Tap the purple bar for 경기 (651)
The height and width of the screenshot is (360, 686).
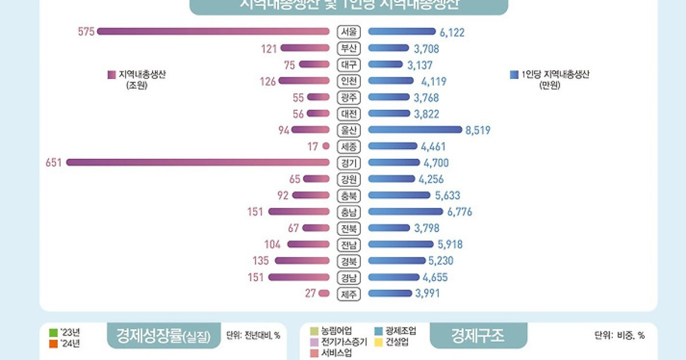click(198, 162)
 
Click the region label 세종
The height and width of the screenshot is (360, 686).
click(348, 146)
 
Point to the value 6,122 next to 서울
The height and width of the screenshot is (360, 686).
click(452, 33)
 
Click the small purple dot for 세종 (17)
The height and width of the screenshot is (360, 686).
click(326, 146)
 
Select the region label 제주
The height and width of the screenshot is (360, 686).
click(348, 294)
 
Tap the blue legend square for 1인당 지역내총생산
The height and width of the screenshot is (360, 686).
click(513, 74)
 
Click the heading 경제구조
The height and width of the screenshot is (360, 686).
click(478, 335)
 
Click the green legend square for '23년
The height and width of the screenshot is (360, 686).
click(54, 332)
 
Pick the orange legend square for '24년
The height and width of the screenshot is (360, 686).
click(54, 343)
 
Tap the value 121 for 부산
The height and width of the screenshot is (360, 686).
click(269, 49)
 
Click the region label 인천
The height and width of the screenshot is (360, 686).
click(348, 81)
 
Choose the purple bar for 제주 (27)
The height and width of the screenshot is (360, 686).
click(324, 294)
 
